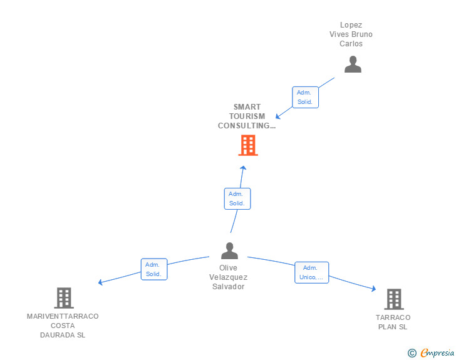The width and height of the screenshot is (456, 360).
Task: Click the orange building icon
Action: coord(248,145)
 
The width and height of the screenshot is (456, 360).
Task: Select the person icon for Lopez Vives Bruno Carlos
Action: coord(353,64)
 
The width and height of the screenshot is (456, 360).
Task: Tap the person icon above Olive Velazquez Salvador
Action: coord(229,250)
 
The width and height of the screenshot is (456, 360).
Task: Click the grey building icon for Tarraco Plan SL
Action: coord(394,299)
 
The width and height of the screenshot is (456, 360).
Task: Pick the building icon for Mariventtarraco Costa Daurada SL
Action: coord(64,298)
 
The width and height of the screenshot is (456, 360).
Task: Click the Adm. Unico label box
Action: coord(311,272)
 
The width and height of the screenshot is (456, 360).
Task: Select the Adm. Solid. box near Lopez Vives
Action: coord(306,97)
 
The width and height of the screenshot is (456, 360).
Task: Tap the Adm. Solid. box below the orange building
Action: coord(237,198)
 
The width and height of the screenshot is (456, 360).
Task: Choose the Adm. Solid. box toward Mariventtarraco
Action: coord(154,269)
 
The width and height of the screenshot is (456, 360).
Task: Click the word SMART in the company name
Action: coord(247,106)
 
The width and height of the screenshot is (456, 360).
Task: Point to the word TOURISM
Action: coord(247,116)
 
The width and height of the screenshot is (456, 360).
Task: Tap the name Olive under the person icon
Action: coord(228,268)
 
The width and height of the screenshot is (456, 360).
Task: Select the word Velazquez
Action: coord(228,277)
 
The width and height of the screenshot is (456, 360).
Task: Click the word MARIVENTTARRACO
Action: coord(63,316)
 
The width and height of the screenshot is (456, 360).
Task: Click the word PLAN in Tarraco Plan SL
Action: coord(387,327)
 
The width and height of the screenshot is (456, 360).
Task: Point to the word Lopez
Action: coord(351,25)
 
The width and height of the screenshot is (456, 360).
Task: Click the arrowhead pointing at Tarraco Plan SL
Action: coord(374,289)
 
